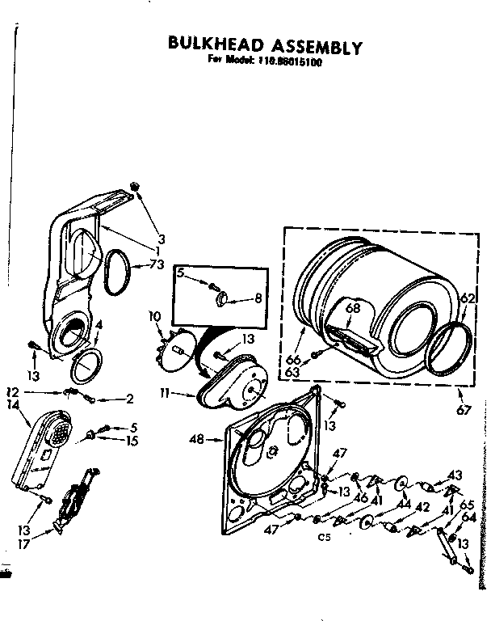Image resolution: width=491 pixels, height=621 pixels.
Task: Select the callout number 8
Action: coord(258,298)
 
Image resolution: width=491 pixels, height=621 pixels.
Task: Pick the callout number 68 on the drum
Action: coord(352,307)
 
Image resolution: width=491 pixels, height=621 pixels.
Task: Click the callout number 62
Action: coord(466,298)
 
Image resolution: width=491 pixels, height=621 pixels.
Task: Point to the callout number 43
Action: coord(455,474)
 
